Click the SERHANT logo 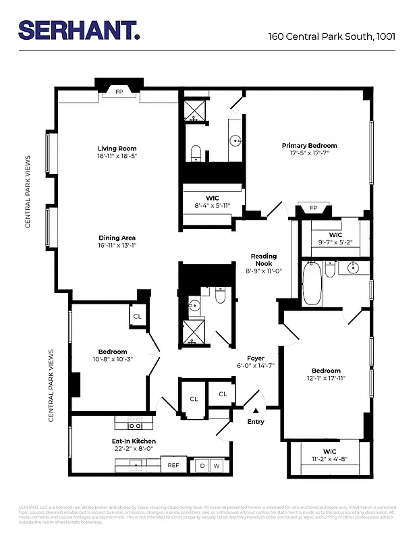point(79,30)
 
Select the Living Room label point(117,148)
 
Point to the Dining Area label point(117,238)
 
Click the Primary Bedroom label point(309,146)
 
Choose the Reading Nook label point(263,256)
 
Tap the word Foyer point(256,358)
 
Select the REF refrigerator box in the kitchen point(173,465)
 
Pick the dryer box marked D point(202,465)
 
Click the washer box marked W point(217,465)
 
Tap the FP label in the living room point(119,90)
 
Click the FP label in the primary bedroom point(313,208)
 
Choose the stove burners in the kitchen point(135,426)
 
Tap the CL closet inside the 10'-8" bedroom point(137,316)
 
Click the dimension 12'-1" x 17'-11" point(326,378)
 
